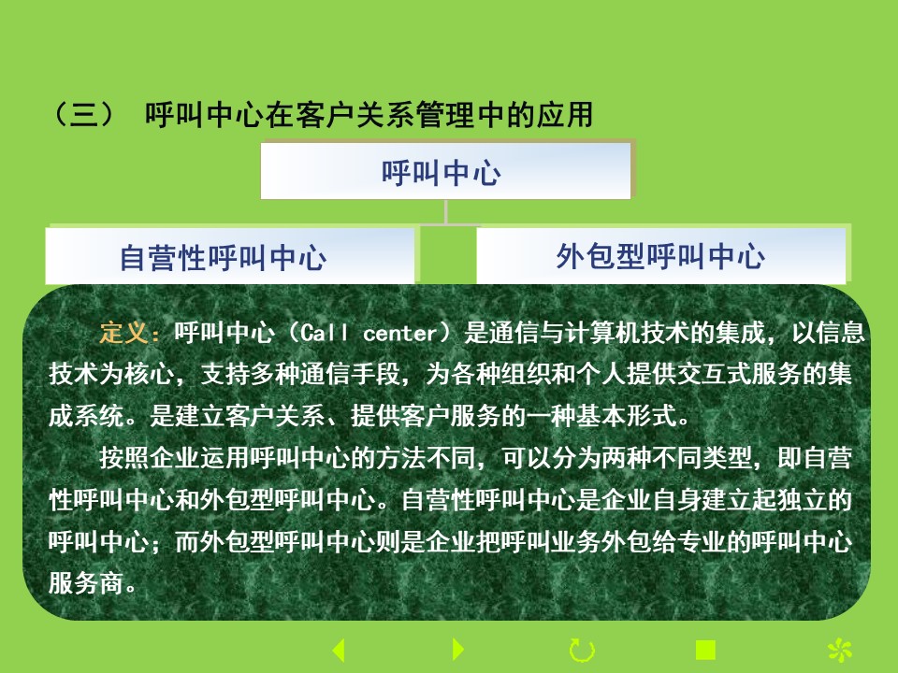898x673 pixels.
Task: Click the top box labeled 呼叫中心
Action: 445,170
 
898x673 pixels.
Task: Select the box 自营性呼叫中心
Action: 230,256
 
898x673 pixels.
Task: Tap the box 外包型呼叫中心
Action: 661,255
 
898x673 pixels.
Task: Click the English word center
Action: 400,333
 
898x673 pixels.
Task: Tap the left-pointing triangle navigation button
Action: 339,651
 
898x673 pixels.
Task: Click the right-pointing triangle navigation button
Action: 458,650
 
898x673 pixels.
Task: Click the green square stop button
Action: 705,651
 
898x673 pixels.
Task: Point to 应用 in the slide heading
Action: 565,114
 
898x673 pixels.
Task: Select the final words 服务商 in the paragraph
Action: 85,583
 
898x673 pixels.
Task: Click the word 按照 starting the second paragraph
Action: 124,458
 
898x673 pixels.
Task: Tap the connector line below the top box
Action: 445,213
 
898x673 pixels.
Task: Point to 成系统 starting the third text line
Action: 86,416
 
